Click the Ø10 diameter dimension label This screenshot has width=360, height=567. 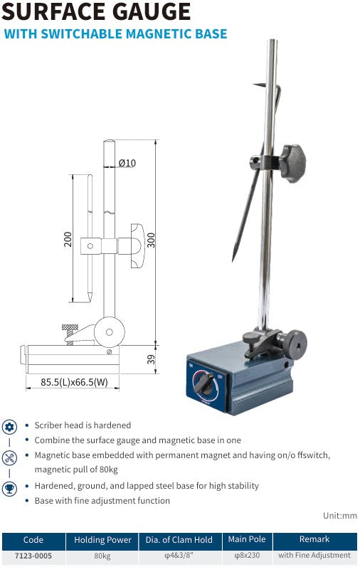[127, 163]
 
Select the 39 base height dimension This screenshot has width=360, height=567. [150, 359]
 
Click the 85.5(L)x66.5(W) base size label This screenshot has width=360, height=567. [73, 382]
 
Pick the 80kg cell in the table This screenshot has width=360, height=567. [103, 555]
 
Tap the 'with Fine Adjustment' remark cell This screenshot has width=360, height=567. [314, 555]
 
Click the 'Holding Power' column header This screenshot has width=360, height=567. [103, 540]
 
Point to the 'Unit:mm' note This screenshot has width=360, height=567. [339, 516]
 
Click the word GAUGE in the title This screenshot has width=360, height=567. [142, 12]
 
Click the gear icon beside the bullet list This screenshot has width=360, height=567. [9, 427]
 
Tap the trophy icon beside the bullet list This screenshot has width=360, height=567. [9, 489]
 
